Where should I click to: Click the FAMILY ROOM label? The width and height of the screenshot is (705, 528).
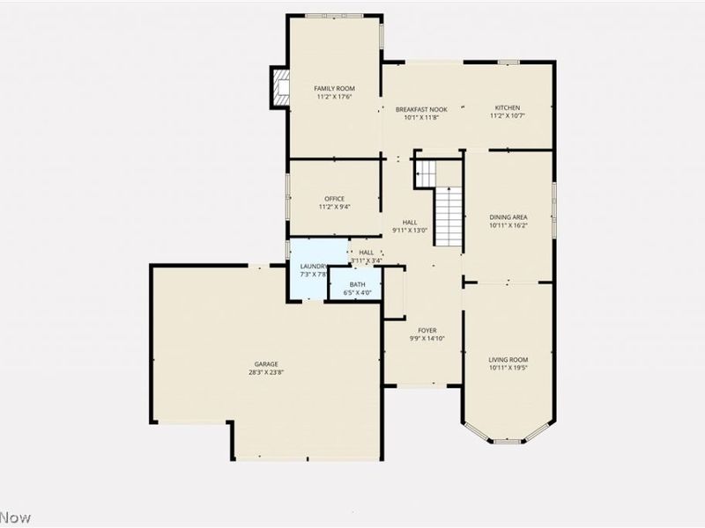[x=334, y=89]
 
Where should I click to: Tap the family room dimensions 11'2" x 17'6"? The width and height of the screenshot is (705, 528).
[x=334, y=98]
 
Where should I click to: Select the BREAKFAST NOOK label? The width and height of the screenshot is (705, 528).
[x=421, y=109]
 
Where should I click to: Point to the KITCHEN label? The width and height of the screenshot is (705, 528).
[x=507, y=107]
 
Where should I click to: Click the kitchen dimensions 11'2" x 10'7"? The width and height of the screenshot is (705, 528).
[x=507, y=116]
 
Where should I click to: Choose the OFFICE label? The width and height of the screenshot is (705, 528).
[x=334, y=199]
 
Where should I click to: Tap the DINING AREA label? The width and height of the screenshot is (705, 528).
[x=508, y=216]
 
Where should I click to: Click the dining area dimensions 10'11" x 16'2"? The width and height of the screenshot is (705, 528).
[x=508, y=225]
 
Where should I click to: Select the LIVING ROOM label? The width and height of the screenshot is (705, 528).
[x=508, y=360]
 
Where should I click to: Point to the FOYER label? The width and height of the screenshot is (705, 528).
[x=427, y=330]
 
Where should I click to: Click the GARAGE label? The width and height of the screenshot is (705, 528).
[x=266, y=364]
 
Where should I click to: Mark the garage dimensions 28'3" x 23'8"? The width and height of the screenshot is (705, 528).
[x=266, y=373]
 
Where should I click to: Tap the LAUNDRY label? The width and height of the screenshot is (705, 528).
[x=314, y=267]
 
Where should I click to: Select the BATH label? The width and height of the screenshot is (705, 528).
[x=357, y=284]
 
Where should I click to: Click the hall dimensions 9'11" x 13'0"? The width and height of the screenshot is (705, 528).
[x=410, y=231]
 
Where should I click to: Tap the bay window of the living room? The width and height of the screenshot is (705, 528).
[x=508, y=435]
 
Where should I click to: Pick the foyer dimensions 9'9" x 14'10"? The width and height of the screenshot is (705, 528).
[x=427, y=339]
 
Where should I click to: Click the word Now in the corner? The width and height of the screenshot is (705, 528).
[x=15, y=517]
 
